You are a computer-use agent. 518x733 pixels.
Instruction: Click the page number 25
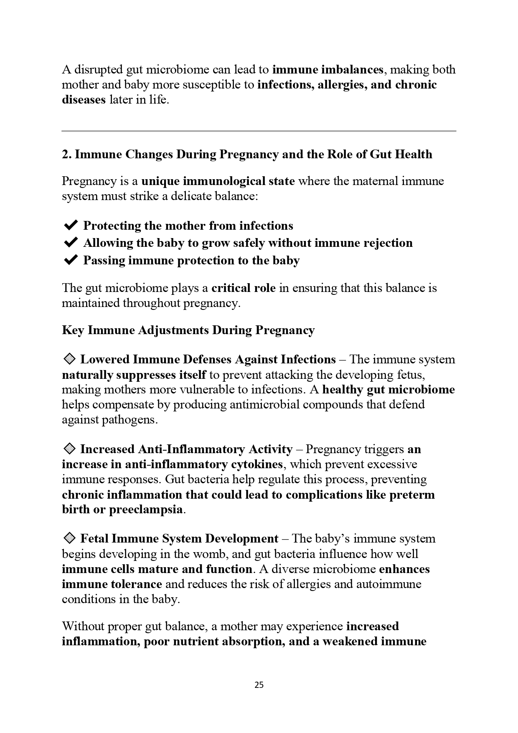(259, 685)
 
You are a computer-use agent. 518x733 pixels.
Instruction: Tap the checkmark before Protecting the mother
(70, 226)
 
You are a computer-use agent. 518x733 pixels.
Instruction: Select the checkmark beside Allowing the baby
(70, 243)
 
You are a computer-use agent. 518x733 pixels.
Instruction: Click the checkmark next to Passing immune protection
(70, 260)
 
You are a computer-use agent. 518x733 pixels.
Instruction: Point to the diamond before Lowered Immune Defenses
(69, 359)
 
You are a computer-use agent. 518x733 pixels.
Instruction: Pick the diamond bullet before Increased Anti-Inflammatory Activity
(69, 449)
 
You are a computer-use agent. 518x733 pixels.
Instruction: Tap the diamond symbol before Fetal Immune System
(69, 538)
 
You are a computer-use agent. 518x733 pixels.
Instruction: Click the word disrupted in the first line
(98, 69)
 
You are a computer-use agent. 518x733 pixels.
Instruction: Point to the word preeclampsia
(146, 510)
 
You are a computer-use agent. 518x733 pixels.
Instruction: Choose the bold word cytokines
(256, 464)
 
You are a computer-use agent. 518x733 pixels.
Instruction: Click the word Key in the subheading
(73, 330)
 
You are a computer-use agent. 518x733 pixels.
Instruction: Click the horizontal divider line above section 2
(259, 131)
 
